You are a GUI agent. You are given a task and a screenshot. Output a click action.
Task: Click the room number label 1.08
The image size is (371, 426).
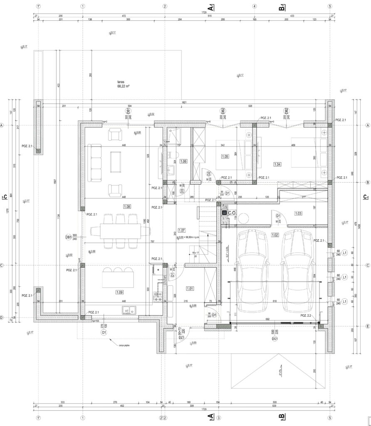click(127, 206)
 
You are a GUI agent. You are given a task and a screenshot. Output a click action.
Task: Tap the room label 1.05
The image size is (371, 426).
click(225, 156)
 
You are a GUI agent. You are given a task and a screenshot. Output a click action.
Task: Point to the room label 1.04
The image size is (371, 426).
click(278, 164)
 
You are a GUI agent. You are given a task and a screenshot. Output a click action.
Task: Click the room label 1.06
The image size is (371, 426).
click(183, 161)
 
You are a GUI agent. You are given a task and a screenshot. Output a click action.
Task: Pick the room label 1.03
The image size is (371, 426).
click(298, 213)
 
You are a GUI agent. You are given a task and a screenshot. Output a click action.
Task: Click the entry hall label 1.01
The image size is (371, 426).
click(190, 288)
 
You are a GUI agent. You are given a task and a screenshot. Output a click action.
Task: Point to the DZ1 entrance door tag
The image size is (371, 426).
click(181, 338)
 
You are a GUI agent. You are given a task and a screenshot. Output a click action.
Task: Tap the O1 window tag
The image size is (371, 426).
click(104, 333)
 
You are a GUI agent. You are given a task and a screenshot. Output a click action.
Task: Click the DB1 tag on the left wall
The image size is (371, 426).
click(68, 237)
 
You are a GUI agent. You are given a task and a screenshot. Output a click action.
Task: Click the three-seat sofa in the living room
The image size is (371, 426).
click(96, 162)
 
